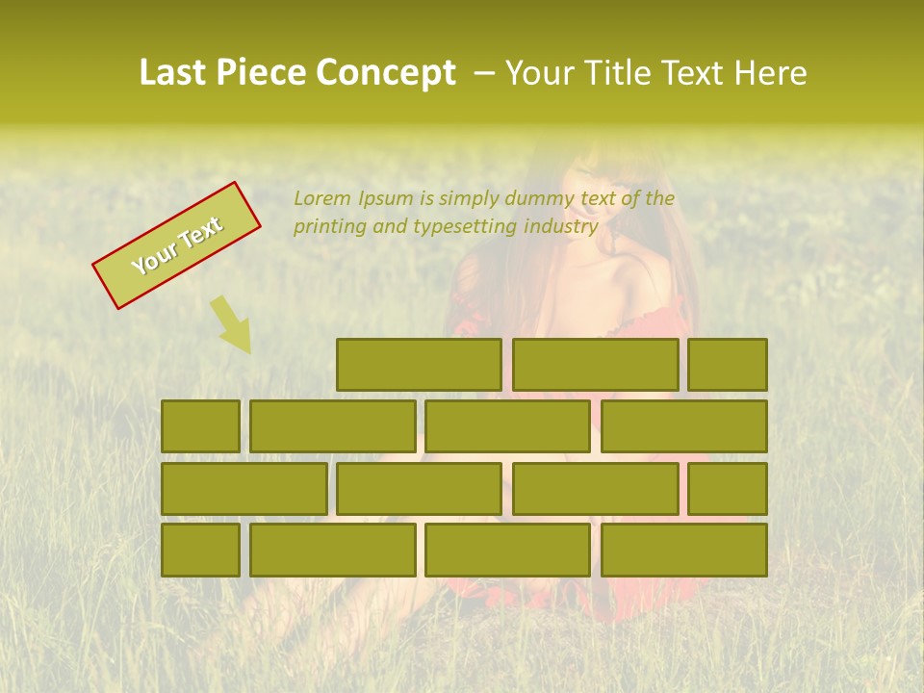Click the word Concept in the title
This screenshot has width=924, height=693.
point(387,73)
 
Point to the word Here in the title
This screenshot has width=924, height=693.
point(770,73)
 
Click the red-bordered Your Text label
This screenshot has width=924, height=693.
point(176,245)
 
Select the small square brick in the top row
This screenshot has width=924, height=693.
point(727,365)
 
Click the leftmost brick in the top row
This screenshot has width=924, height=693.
point(419,365)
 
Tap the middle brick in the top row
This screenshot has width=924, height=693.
point(595,365)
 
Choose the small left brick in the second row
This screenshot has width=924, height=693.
point(200,426)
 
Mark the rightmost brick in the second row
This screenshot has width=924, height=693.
point(683,426)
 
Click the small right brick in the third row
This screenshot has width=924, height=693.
point(727,489)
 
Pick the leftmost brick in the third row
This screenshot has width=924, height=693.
point(244,489)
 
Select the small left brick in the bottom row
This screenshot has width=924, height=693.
point(200,551)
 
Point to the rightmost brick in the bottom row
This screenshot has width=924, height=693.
point(683,551)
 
